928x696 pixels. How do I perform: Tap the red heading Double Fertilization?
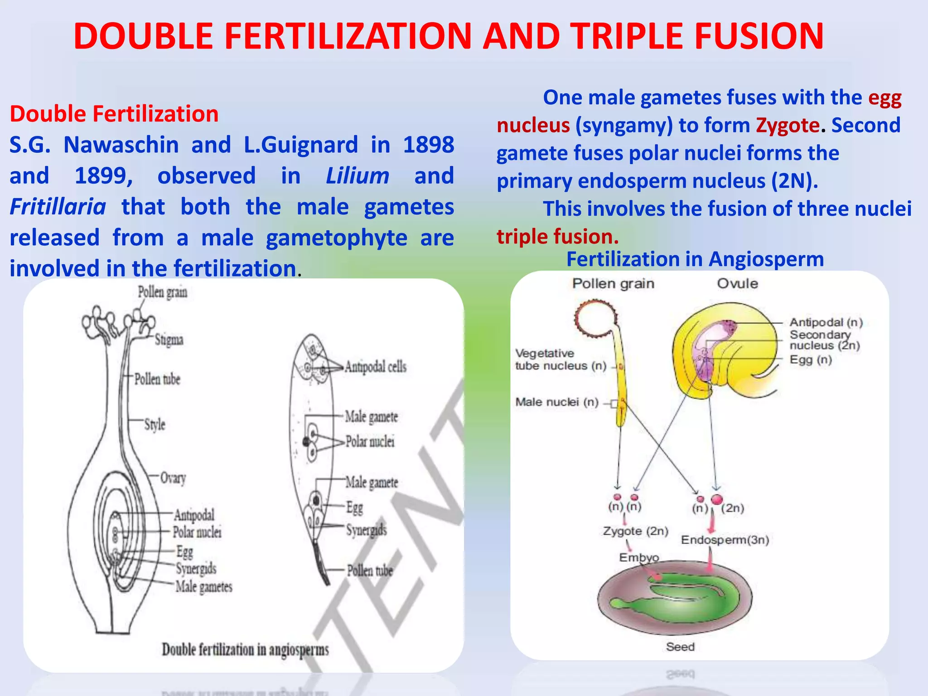click(114, 114)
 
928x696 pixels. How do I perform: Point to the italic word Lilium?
click(358, 176)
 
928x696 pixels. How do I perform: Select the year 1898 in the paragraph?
click(428, 145)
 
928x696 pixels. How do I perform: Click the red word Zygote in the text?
click(788, 126)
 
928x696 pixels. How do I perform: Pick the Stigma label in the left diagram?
click(169, 340)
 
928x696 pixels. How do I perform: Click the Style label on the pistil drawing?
click(155, 425)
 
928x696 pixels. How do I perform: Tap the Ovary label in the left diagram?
click(173, 478)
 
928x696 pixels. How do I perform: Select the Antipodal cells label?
click(376, 367)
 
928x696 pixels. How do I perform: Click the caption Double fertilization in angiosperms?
click(245, 649)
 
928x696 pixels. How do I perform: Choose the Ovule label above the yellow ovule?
click(737, 284)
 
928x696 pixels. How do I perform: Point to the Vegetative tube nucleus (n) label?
click(561, 359)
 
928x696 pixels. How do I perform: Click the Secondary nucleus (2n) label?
click(824, 340)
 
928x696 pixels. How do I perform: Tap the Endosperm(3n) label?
click(725, 540)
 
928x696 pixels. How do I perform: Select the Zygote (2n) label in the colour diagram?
click(635, 531)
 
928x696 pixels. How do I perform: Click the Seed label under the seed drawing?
click(680, 647)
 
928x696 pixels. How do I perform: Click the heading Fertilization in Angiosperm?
click(695, 260)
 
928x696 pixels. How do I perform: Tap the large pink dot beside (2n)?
click(716, 499)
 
